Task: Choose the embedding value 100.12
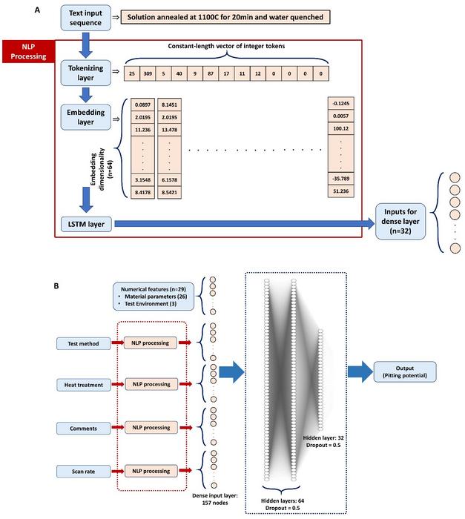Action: pos(342,128)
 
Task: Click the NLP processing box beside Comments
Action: pos(151,428)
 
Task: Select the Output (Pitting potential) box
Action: pos(404,371)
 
